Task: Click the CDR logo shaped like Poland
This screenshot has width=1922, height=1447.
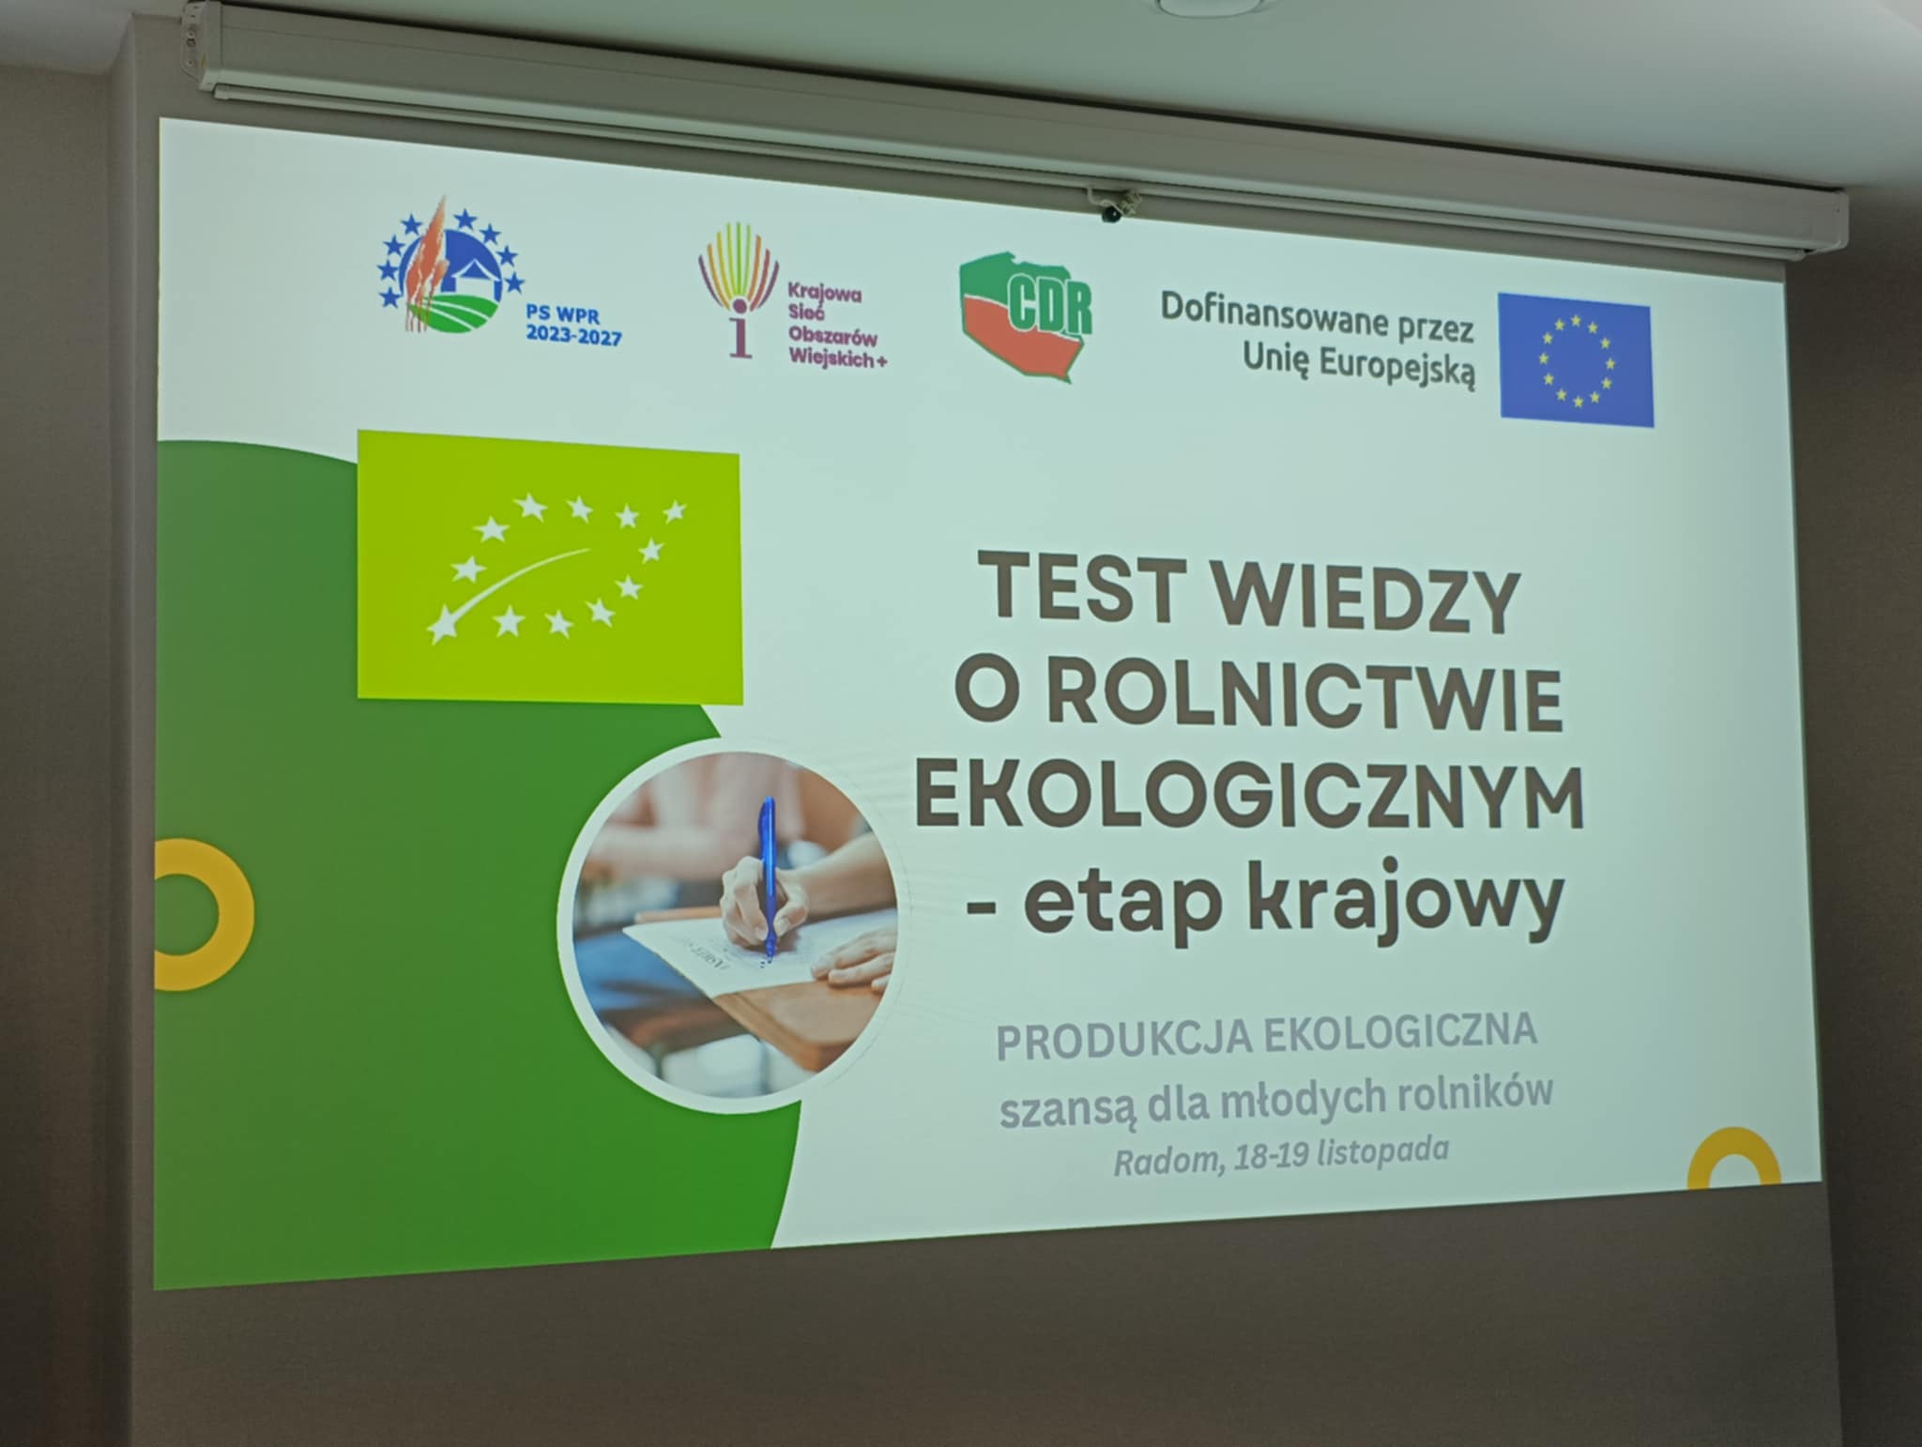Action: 1026,316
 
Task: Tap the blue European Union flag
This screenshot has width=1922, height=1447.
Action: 1576,360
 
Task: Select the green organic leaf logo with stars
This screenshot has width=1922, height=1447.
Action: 550,567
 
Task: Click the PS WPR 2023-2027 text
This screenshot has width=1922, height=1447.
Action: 573,327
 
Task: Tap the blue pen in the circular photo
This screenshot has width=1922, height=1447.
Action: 768,878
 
